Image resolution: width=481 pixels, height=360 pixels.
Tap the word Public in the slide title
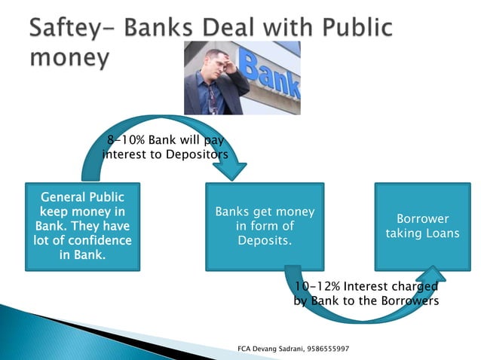tap(352, 28)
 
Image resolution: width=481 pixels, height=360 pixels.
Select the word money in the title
tap(69, 57)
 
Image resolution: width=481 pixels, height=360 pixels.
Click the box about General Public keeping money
tap(83, 225)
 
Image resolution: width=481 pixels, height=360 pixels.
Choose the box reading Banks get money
tap(264, 226)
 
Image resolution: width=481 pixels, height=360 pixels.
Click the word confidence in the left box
tap(93, 240)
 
